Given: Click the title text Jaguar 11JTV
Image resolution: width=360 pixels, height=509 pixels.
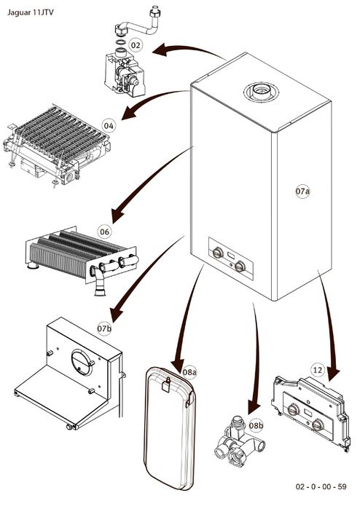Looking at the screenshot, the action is click(30, 12).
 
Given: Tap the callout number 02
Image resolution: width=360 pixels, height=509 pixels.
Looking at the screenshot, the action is click(136, 45).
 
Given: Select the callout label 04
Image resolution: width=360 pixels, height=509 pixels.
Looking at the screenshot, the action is click(109, 126).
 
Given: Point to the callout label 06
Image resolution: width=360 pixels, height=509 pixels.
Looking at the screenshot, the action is click(104, 232).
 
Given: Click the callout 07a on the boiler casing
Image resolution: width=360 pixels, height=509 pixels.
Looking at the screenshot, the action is click(302, 192).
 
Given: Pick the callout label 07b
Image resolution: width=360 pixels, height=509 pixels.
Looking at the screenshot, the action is click(104, 328).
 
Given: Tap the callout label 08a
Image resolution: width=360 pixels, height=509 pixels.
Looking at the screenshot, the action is click(189, 372).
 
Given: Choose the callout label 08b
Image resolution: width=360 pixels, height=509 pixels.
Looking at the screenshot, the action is click(256, 425).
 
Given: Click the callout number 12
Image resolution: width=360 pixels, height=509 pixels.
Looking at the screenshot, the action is click(318, 370).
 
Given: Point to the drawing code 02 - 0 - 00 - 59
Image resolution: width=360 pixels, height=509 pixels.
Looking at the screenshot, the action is click(321, 486).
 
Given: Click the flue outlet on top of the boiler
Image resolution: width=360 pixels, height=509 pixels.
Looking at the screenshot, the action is click(261, 92).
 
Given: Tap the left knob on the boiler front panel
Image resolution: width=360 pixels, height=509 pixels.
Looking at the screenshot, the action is click(217, 253).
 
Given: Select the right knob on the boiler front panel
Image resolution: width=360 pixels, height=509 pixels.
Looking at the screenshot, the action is click(240, 266).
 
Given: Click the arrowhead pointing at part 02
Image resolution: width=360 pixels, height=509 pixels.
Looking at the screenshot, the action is click(160, 50).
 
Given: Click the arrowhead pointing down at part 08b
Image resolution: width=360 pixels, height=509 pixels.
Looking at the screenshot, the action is click(254, 406).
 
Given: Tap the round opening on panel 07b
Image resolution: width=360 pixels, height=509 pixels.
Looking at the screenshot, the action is click(82, 363).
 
